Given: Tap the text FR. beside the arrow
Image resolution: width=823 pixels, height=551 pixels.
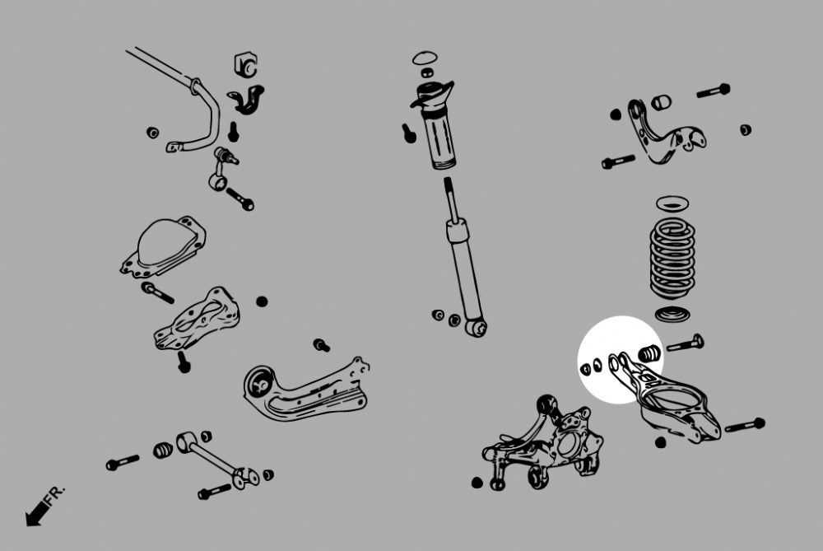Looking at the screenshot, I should [x=55, y=495].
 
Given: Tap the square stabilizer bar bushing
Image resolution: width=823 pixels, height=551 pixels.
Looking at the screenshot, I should [x=246, y=63].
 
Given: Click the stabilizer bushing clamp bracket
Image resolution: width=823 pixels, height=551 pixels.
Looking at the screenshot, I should [x=244, y=96].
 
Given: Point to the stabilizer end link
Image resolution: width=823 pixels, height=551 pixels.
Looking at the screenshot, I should [x=220, y=168].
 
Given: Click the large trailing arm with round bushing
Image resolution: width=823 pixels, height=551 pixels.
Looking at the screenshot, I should [x=305, y=391].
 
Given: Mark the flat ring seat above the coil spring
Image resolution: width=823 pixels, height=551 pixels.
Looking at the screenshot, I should [x=672, y=203].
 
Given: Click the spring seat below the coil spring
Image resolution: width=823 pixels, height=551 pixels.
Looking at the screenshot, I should [x=672, y=314].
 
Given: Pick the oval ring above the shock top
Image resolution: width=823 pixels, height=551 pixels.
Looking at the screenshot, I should [x=424, y=58].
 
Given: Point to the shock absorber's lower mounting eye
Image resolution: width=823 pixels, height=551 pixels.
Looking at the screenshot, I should [x=475, y=328].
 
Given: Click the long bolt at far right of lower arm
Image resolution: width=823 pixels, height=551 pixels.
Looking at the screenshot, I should [x=745, y=426].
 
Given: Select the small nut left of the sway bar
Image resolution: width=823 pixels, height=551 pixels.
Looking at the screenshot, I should [x=151, y=132].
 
